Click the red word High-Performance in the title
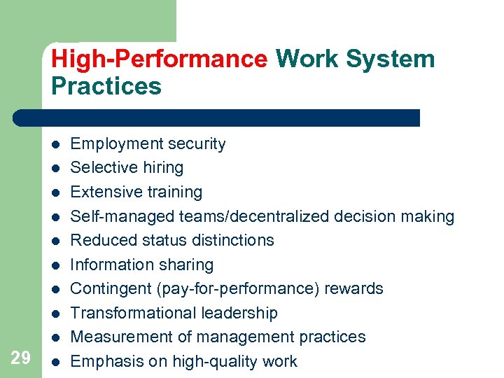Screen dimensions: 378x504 click(159, 59)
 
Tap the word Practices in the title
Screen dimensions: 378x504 click(106, 86)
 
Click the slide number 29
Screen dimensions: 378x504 click(21, 358)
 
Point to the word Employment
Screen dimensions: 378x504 click(115, 144)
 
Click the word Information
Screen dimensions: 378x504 click(112, 265)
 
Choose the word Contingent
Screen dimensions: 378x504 click(108, 289)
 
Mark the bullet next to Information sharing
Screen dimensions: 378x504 click(55, 265)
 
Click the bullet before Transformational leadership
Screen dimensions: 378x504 click(55, 314)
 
